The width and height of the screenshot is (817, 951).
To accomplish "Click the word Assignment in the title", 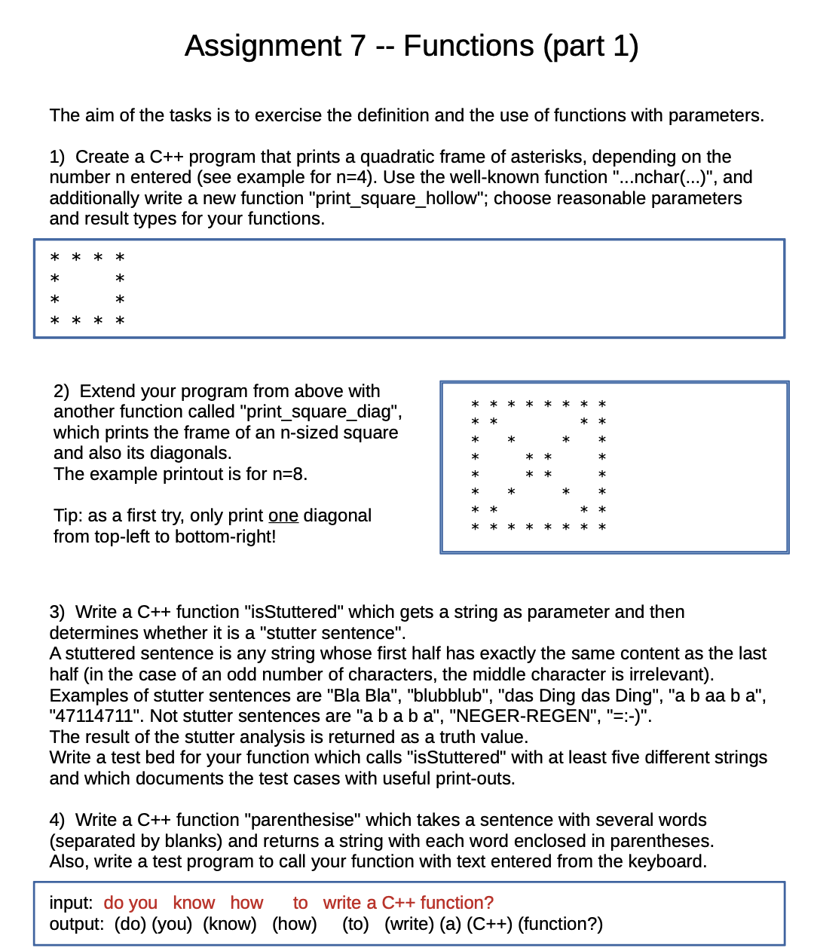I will [x=264, y=47].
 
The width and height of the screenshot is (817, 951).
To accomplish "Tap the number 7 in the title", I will [x=357, y=47].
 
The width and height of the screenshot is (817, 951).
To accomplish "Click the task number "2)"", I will [x=61, y=391].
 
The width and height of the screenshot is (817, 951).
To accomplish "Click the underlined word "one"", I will [x=283, y=515].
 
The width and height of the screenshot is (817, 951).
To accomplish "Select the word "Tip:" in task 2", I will [x=68, y=515].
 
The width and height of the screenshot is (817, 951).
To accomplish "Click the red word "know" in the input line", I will [x=194, y=903].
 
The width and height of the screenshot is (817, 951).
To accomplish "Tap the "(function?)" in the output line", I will [x=560, y=924].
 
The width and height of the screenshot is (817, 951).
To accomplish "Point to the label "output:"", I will [x=76, y=924].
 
